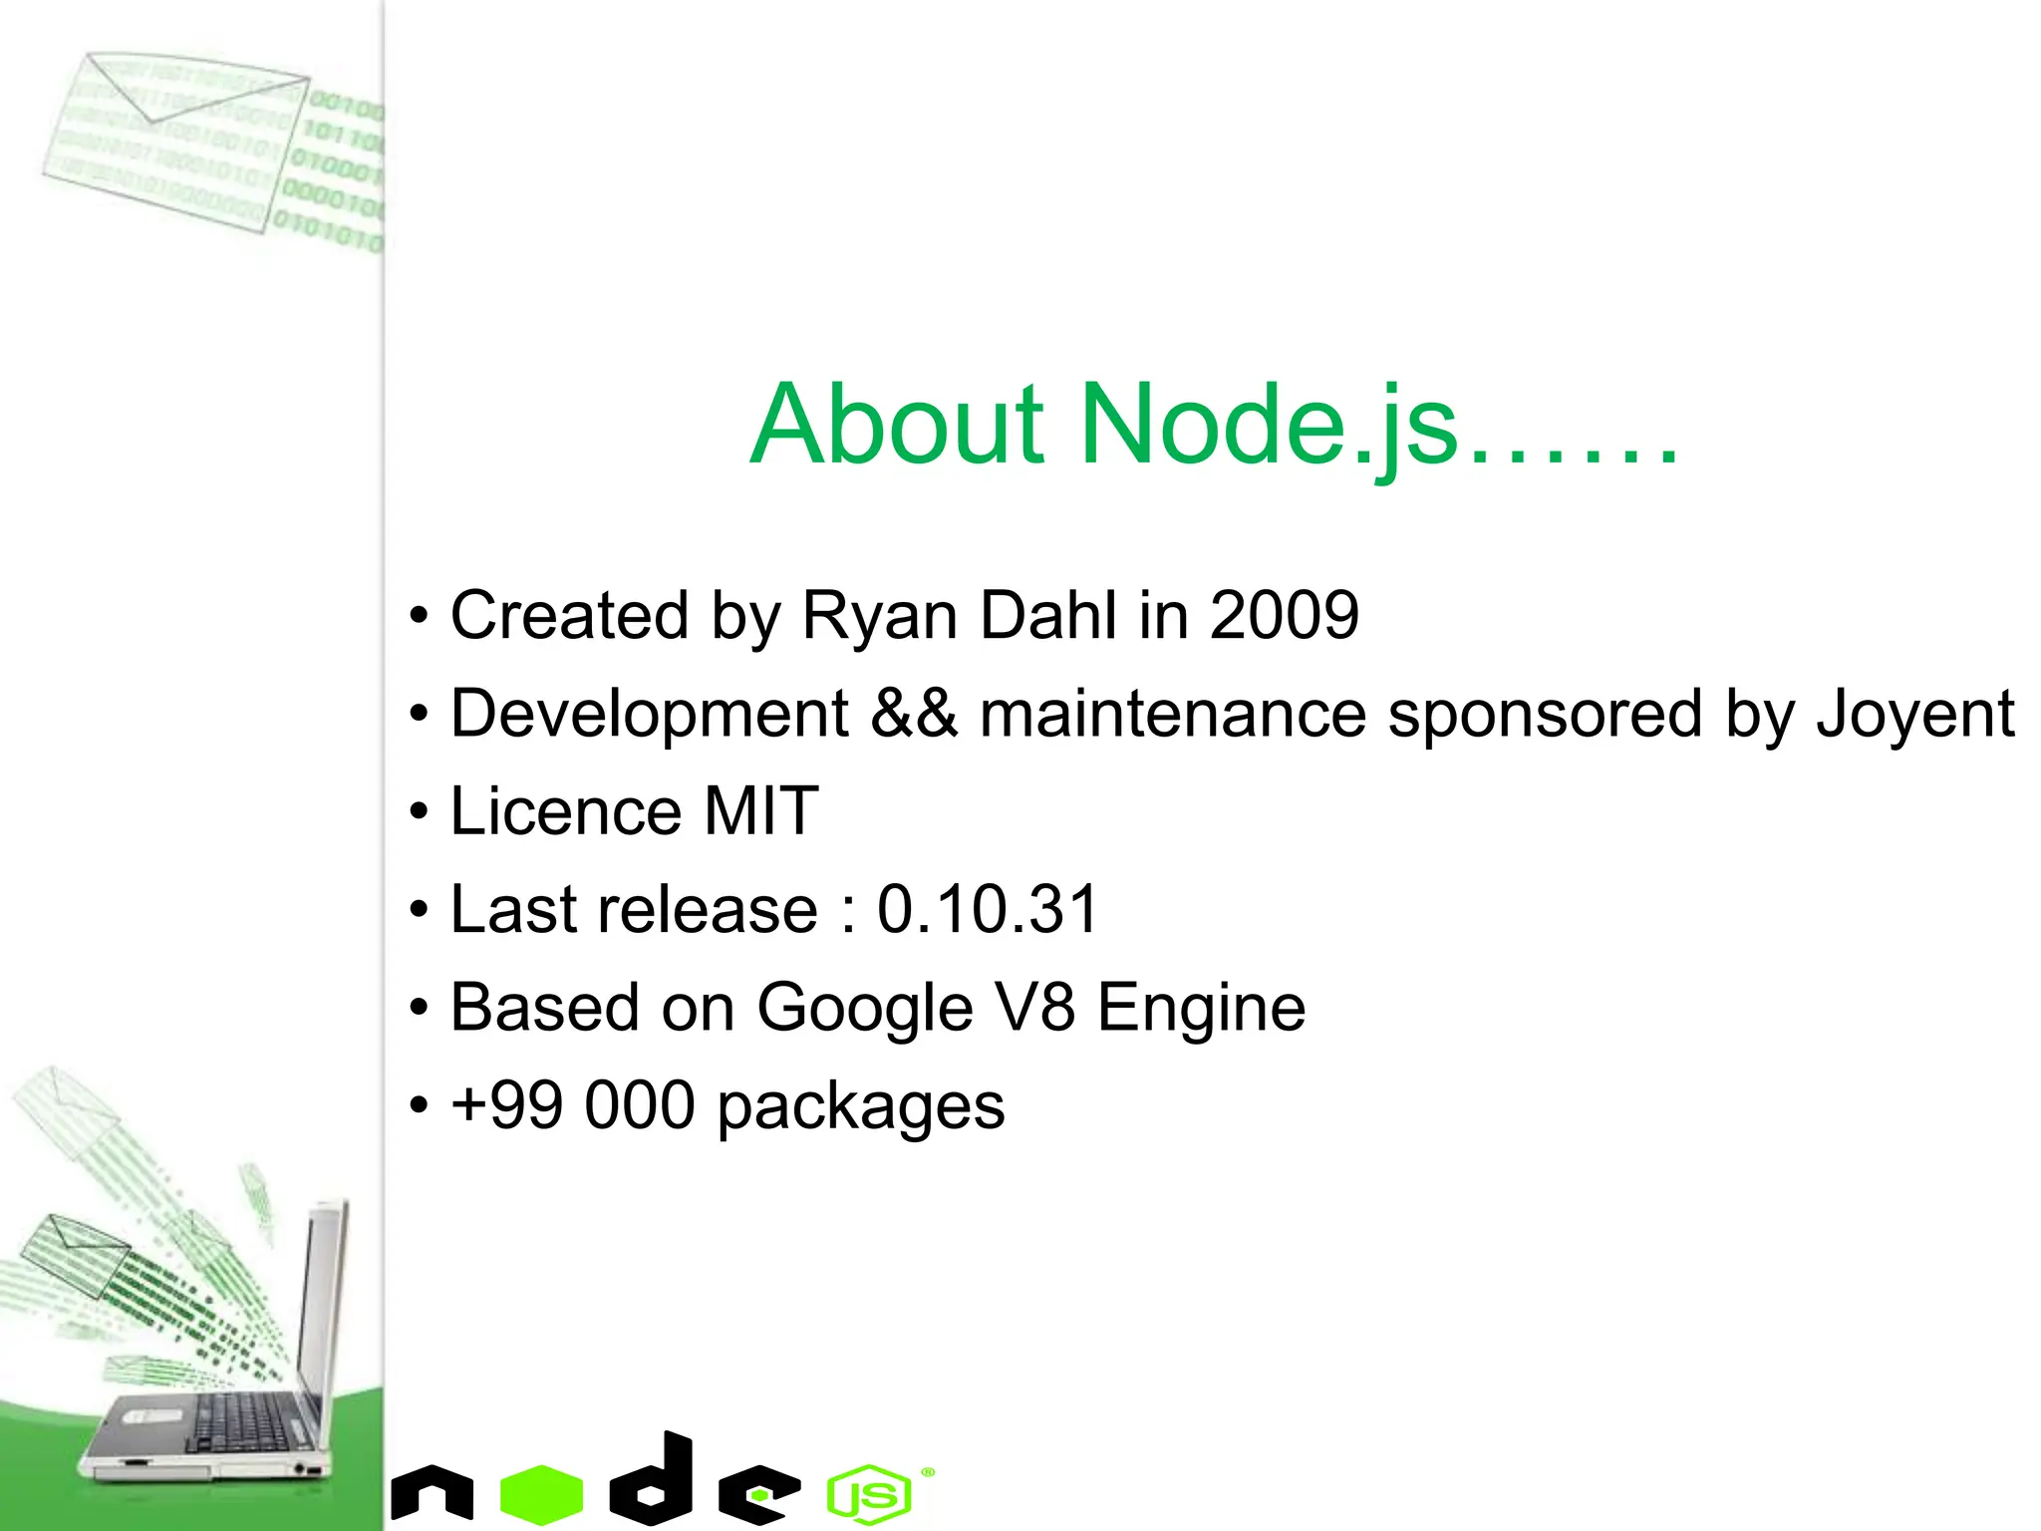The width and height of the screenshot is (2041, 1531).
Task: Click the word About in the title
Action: tap(897, 426)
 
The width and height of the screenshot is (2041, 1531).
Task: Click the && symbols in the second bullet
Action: tap(914, 714)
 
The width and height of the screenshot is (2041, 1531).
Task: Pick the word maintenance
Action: tap(1172, 714)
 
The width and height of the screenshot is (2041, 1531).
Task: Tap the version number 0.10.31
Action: tap(987, 909)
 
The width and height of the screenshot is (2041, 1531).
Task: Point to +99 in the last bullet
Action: tap(505, 1105)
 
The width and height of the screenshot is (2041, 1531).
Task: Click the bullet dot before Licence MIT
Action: tap(420, 812)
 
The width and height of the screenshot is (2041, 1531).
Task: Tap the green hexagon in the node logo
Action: tap(541, 1493)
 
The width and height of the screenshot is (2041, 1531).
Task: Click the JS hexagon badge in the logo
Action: tap(869, 1494)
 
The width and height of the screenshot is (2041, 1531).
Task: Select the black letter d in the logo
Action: tap(654, 1479)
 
